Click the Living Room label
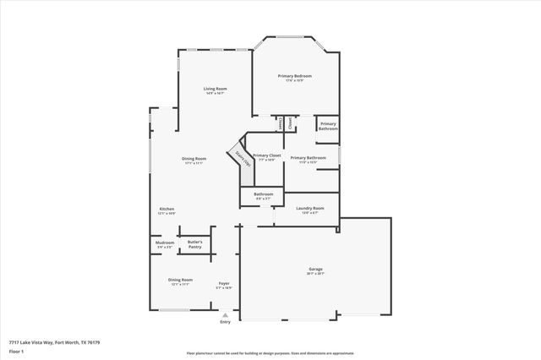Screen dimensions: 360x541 [215, 88]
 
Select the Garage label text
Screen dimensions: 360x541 [315, 270]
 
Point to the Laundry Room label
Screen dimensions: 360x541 [310, 208]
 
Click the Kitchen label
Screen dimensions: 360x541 [167, 209]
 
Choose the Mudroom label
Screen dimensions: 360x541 [164, 243]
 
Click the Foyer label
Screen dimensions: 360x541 [224, 283]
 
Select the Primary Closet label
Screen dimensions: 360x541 [266, 155]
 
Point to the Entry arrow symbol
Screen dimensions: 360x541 [225, 314]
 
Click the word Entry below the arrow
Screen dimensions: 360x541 [225, 322]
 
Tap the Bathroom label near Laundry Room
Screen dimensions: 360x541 [264, 194]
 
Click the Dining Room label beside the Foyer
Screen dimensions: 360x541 [180, 280]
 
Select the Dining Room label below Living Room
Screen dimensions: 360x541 [194, 158]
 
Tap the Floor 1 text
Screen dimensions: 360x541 [15, 350]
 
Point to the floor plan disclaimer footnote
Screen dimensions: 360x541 [270, 354]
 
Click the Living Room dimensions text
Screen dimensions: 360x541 [215, 93]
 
